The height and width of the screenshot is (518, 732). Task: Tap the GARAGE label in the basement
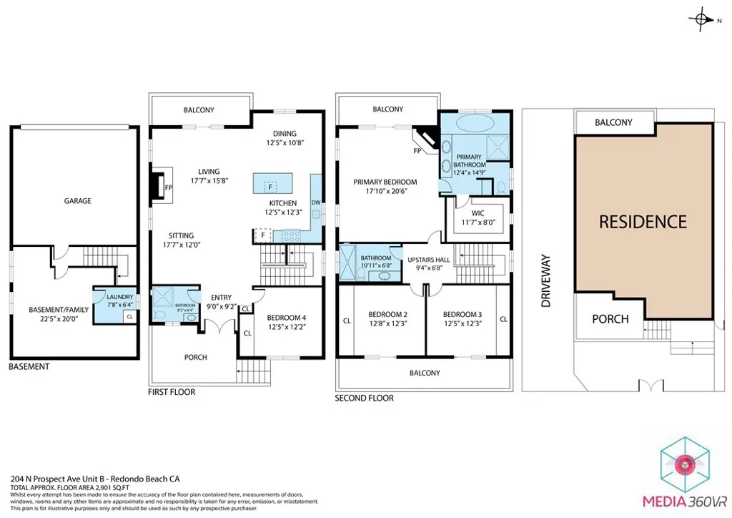(77, 201)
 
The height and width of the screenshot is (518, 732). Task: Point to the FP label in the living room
(169, 188)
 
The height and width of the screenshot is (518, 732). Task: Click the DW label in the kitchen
(315, 203)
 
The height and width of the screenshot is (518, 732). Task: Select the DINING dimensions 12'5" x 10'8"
(280, 144)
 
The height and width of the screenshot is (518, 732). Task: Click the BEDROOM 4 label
(286, 318)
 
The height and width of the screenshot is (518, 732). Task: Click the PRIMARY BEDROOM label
(385, 182)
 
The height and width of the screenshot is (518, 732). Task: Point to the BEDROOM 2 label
(387, 314)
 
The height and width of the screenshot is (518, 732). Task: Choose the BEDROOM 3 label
(462, 314)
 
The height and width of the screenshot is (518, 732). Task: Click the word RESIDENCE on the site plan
(643, 222)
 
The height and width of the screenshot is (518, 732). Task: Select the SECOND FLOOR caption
(364, 398)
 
